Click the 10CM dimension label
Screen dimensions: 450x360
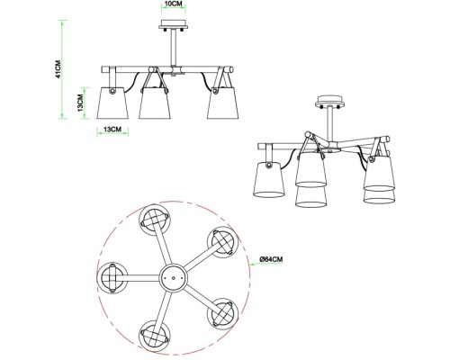174,4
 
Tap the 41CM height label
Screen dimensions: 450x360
58,69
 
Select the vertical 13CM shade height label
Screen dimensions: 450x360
80,103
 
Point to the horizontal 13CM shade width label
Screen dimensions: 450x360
112,130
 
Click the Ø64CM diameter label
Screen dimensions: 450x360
271,259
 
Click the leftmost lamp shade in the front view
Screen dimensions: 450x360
112,103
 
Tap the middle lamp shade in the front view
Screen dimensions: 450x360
155,103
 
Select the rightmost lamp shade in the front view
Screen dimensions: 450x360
223,103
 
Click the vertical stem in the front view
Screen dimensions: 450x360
174,48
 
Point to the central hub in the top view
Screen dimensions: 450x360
173,278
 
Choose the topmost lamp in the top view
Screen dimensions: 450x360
155,220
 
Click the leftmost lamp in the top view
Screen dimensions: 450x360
112,278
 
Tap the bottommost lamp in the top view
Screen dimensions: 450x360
155,336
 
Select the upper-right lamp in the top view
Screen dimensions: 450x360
222,242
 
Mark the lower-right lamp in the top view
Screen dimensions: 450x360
222,314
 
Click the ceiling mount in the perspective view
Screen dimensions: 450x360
329,103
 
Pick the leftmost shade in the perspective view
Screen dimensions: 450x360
268,179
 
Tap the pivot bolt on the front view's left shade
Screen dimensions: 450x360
112,91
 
